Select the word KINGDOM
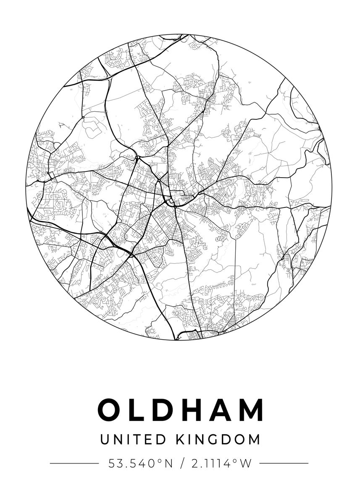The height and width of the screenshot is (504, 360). point(218,439)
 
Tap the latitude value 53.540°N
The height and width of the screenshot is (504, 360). point(141,464)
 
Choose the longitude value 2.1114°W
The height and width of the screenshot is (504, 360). point(221,464)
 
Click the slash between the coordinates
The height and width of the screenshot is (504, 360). point(181,464)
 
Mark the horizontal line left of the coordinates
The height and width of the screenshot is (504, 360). point(74,463)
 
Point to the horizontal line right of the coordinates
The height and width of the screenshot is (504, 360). point(284,463)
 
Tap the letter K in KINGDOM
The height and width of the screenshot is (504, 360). point(181,439)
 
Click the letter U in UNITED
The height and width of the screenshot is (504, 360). point(105,439)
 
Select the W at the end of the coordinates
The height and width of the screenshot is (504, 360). point(246,464)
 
